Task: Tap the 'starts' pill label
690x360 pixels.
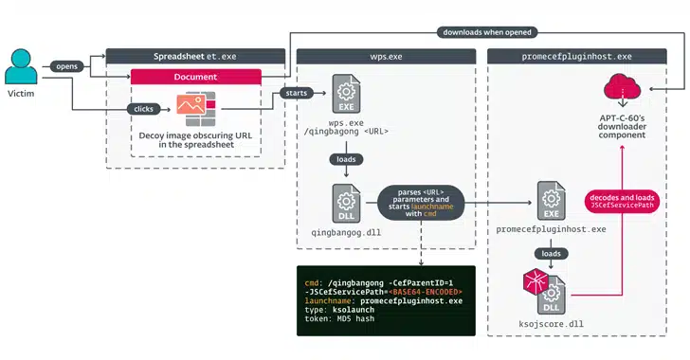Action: click(x=289, y=93)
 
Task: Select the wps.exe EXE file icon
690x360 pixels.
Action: click(x=344, y=98)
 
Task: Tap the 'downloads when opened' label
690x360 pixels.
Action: click(x=485, y=32)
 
